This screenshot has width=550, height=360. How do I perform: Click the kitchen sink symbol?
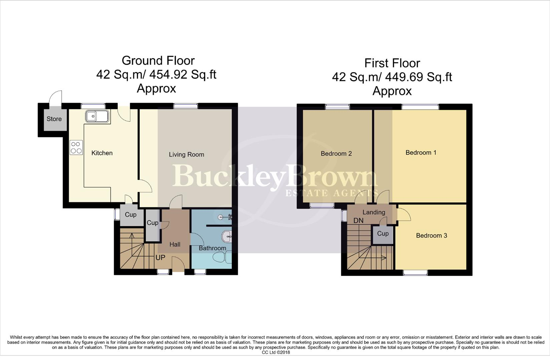(x=97, y=117)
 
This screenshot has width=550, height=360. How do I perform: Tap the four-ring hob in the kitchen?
(x=76, y=148)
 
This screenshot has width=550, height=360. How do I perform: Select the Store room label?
(x=54, y=119)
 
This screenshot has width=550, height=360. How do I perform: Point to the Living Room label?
(x=186, y=154)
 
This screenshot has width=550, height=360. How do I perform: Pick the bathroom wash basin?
(x=227, y=237)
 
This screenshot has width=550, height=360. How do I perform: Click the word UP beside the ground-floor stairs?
(x=160, y=258)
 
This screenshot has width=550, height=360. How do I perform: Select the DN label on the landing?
(x=358, y=221)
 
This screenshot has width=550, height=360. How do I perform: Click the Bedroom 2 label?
(x=336, y=154)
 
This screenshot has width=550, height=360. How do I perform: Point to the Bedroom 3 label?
(x=431, y=236)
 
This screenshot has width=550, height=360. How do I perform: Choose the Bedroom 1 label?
(x=421, y=153)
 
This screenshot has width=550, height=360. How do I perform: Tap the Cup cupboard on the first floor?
(x=383, y=234)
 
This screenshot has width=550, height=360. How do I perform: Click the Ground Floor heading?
(x=158, y=61)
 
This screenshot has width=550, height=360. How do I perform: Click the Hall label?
(x=175, y=245)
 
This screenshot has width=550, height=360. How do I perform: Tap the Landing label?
(x=374, y=212)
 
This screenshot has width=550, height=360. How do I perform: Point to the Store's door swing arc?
(x=55, y=97)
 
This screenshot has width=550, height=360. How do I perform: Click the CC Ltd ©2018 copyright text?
(x=276, y=352)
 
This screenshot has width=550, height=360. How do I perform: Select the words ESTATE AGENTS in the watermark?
(x=332, y=193)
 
